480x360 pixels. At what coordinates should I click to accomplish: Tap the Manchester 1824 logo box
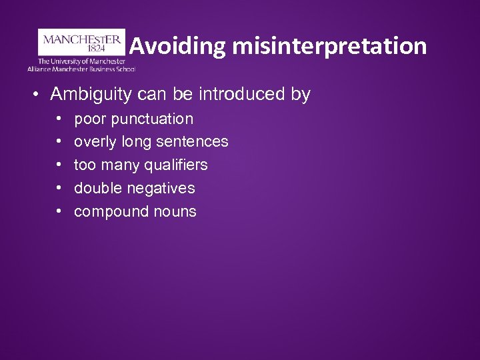(x=81, y=41)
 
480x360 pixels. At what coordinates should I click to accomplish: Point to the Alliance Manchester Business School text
(x=81, y=68)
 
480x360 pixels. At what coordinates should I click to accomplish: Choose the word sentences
(x=193, y=142)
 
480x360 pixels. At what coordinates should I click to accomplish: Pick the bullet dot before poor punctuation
(x=59, y=119)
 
